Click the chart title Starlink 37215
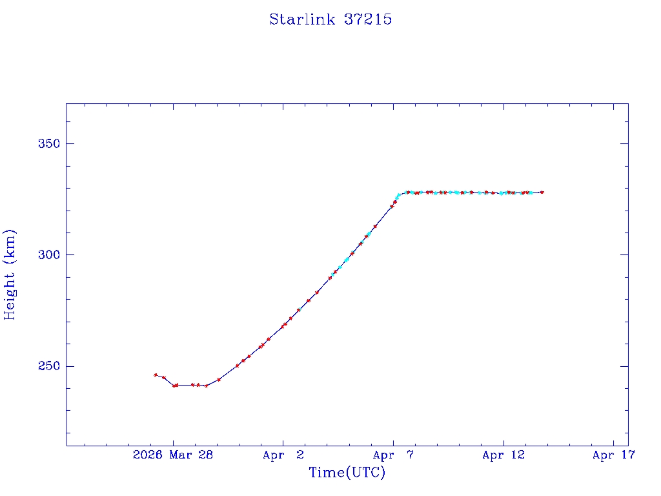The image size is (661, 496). point(330,19)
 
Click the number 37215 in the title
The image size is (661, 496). point(368,19)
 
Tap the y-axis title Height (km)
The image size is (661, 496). point(10,274)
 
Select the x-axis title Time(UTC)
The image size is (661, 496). point(347,473)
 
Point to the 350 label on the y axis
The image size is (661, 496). point(50,143)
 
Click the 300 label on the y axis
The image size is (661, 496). point(50,255)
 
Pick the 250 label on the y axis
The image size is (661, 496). point(50,366)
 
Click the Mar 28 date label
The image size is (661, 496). point(192,455)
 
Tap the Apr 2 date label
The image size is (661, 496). point(283,455)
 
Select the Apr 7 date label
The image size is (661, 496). point(393,455)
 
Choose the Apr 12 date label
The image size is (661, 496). point(503,455)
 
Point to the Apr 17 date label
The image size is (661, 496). point(614,455)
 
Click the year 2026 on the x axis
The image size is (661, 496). point(148,455)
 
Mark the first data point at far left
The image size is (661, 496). point(156,375)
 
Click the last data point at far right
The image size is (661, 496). point(542,192)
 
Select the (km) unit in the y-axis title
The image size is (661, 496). point(10,244)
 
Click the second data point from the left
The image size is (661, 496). point(164,378)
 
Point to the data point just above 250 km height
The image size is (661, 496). point(237,366)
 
